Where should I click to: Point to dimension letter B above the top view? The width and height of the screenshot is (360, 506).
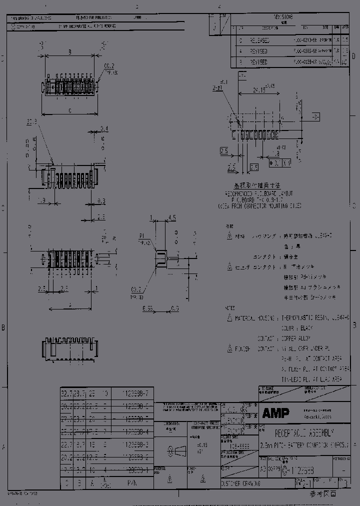point(69,51)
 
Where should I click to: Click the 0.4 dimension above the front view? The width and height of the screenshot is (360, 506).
point(103,129)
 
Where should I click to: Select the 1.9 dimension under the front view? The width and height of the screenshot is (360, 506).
point(42,200)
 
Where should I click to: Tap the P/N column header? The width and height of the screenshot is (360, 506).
point(132,484)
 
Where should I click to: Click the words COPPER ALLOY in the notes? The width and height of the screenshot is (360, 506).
point(298,338)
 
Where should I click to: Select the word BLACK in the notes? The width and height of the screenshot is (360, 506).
point(306,328)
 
